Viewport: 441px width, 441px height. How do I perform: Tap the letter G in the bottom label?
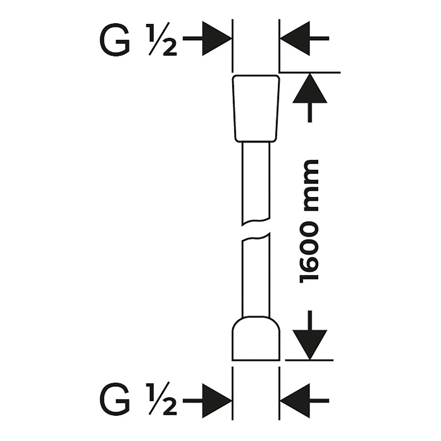point(115,400)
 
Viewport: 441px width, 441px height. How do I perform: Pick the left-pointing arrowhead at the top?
point(295,38)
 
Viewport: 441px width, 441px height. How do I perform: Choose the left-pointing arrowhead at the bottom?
point(295,400)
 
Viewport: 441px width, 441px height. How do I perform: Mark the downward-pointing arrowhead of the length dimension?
point(310,344)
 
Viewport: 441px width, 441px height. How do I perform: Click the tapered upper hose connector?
point(255,107)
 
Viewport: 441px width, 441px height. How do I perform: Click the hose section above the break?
point(255,182)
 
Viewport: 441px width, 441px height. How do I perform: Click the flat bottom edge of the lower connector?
point(256,360)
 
